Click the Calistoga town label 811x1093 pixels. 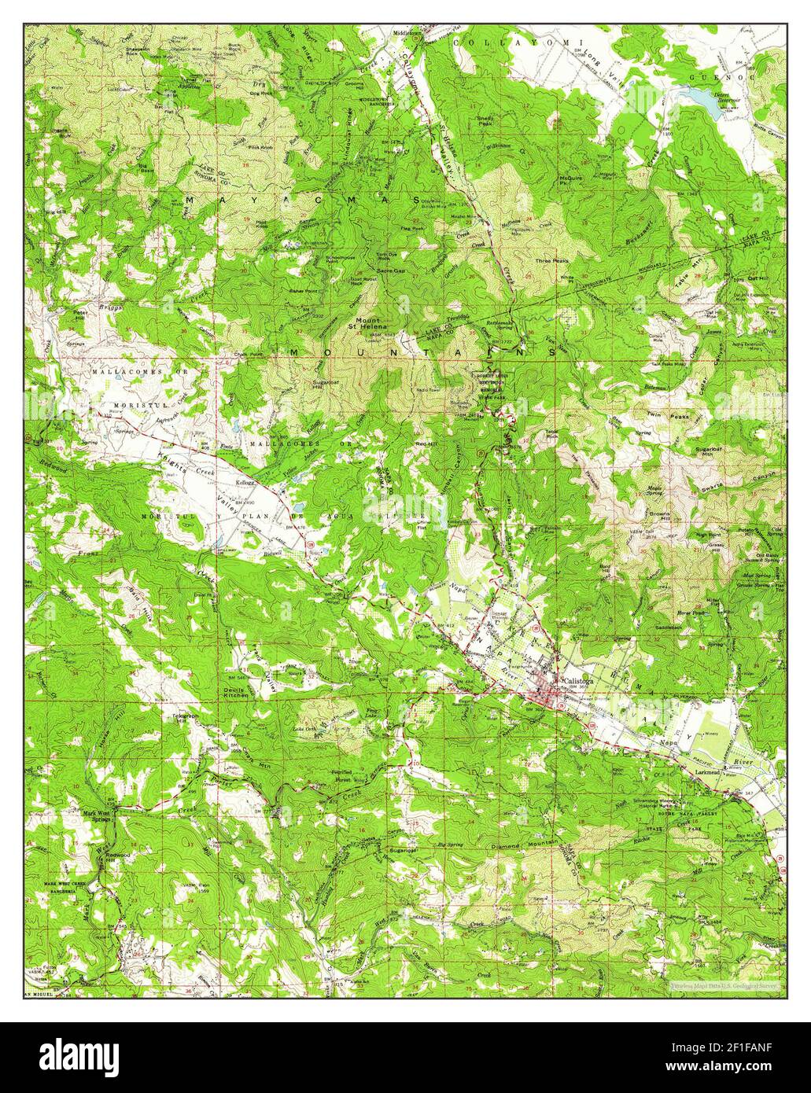point(578,681)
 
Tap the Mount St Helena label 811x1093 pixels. point(367,323)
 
